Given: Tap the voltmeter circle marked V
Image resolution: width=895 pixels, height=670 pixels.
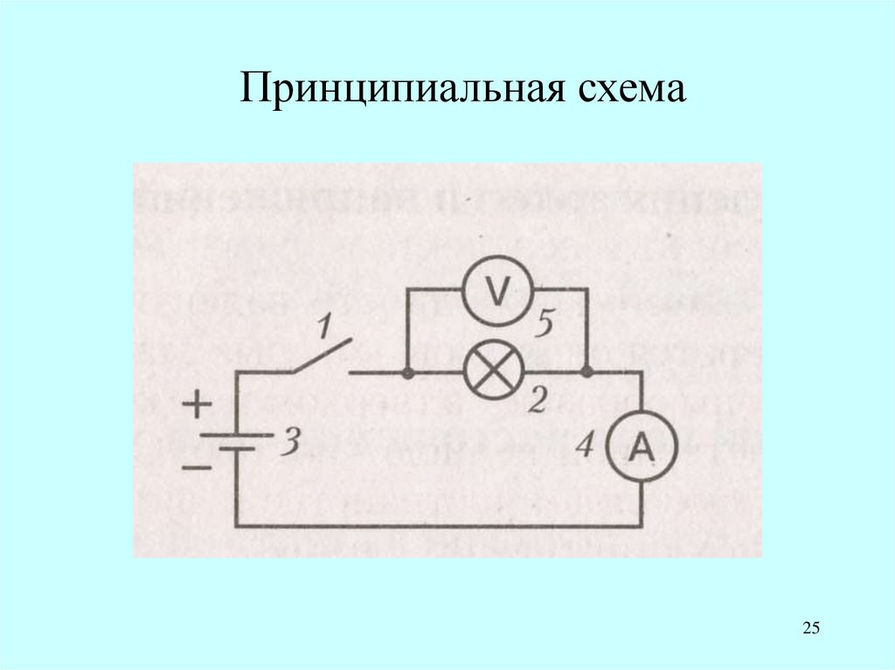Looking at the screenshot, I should coord(496,294).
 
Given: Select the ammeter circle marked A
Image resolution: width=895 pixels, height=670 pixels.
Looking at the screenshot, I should coord(642,448).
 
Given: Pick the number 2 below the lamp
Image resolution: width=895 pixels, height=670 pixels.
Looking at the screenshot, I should coord(538,401).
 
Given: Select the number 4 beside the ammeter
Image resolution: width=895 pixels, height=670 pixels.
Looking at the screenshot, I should coord(586,446).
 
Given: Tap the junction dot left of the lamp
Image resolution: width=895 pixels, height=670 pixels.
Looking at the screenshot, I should coord(408,373).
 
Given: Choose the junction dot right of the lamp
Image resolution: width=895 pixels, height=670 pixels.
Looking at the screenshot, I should coord(587,373).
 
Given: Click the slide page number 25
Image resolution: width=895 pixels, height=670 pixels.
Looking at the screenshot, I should coord(810,628).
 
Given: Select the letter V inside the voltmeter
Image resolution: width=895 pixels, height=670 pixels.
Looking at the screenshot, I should coord(496,294).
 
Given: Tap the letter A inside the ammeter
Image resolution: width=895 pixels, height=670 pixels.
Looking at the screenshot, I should coord(642,448).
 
